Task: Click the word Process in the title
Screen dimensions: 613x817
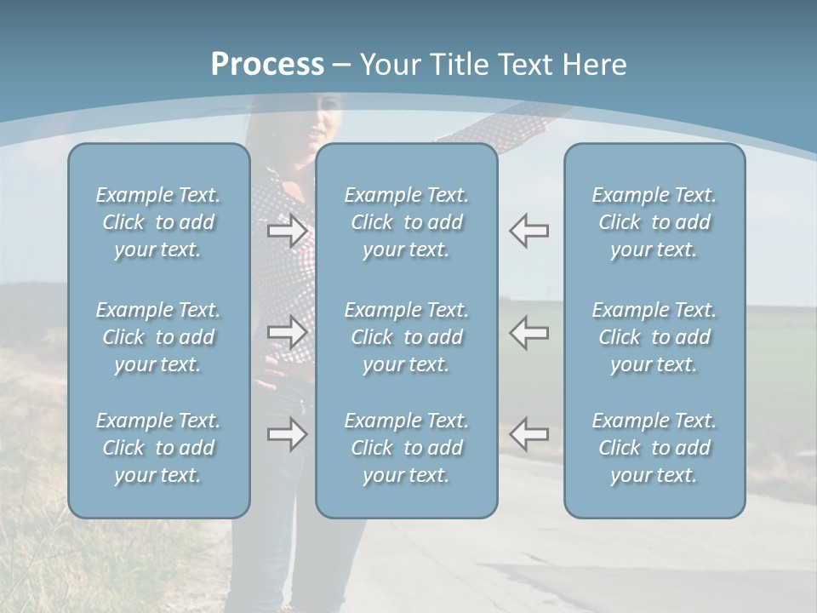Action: click(267, 65)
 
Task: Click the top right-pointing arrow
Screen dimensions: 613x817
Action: click(288, 231)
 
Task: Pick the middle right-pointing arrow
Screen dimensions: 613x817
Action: click(288, 332)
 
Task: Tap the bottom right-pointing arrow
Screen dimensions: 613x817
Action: click(288, 434)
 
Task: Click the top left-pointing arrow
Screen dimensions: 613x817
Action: click(528, 231)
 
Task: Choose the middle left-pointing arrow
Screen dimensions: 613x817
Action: click(528, 332)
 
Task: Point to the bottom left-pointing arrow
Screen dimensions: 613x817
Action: click(528, 434)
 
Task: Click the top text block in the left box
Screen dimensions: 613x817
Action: click(158, 222)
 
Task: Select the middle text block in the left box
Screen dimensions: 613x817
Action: click(158, 337)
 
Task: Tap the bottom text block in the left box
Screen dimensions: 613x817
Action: click(158, 448)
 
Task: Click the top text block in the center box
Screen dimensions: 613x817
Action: click(406, 222)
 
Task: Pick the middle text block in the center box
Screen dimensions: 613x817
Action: click(406, 337)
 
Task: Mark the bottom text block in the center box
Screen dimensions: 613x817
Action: click(406, 448)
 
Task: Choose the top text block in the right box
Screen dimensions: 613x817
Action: click(654, 222)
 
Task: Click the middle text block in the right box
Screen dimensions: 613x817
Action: click(654, 337)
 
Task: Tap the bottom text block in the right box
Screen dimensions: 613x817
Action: click(654, 448)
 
